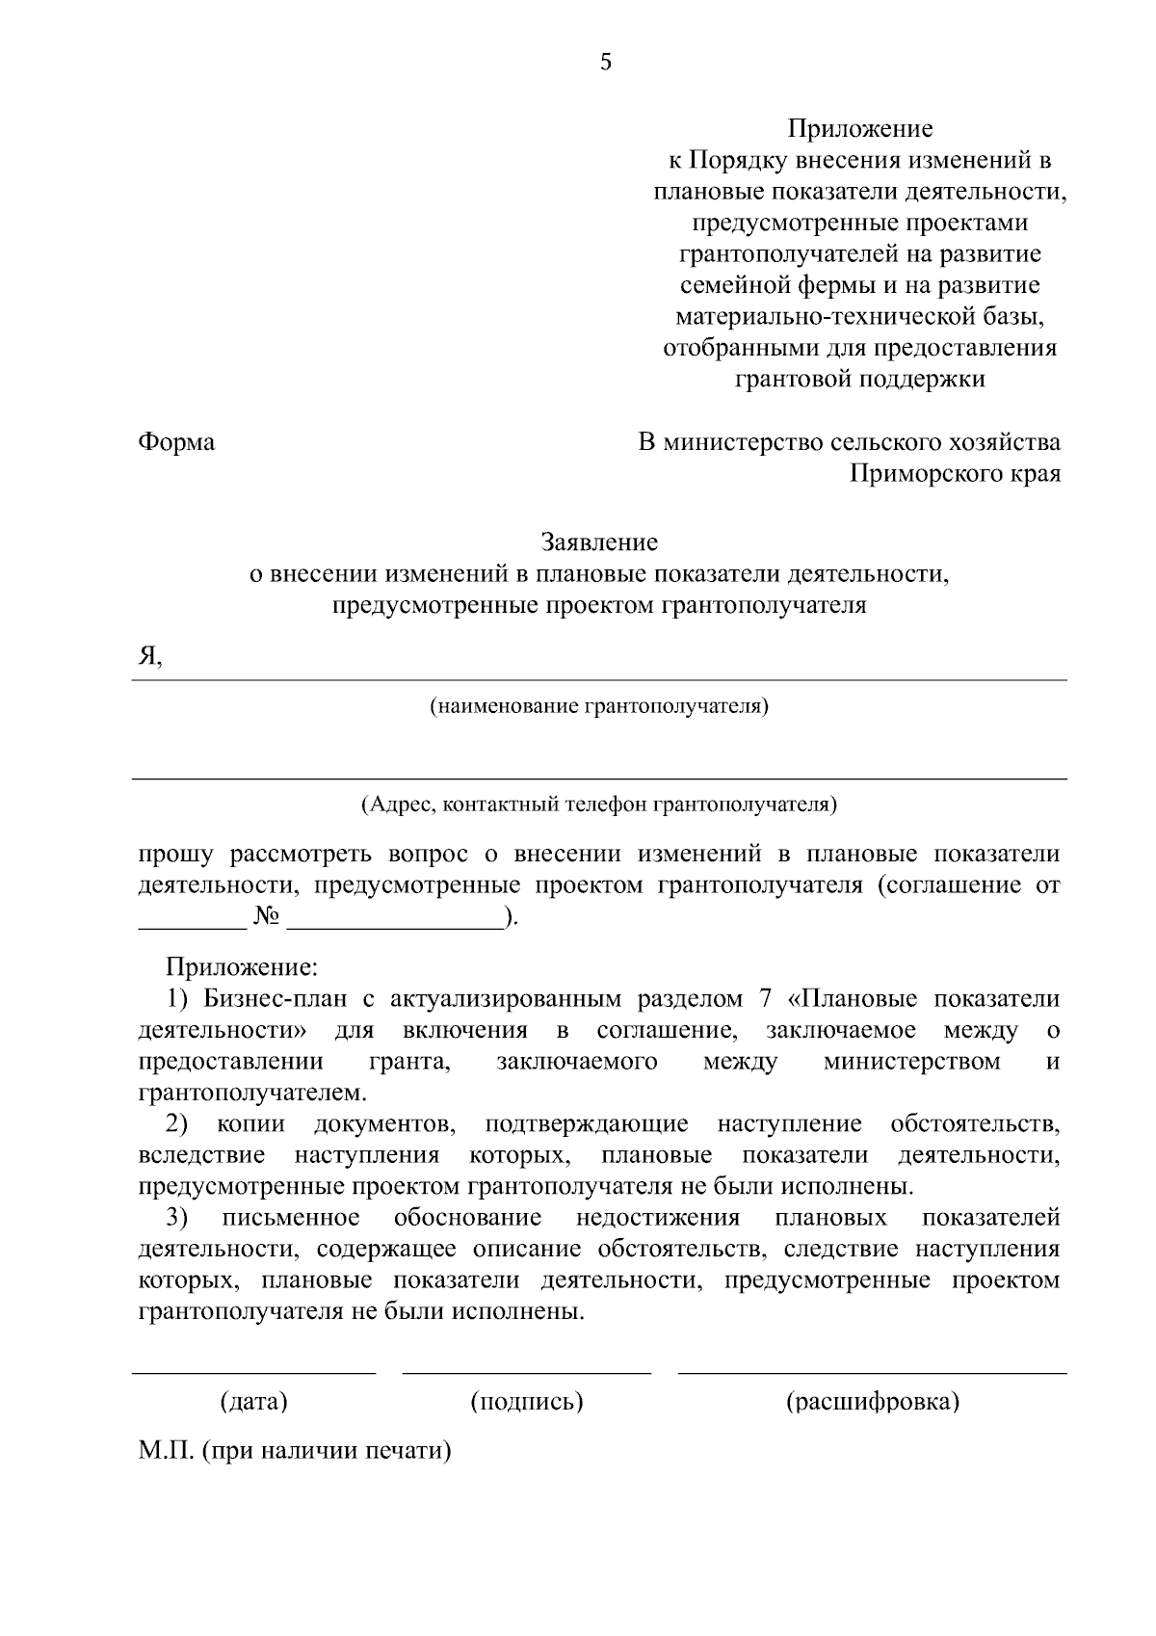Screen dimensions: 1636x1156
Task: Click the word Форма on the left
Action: pyautogui.click(x=176, y=442)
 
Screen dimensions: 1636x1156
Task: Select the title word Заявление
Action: pyautogui.click(x=599, y=542)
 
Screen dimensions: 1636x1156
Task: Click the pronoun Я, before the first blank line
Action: pyautogui.click(x=149, y=656)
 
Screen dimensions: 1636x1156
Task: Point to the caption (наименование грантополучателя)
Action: pyautogui.click(x=599, y=707)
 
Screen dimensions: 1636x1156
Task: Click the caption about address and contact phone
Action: pyautogui.click(x=599, y=804)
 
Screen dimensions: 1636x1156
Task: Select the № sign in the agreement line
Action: pyautogui.click(x=267, y=917)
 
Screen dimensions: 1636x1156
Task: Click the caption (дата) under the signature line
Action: pyautogui.click(x=254, y=1401)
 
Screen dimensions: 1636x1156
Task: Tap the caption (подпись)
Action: pyautogui.click(x=527, y=1401)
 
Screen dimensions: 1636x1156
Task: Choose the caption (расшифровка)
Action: pyautogui.click(x=873, y=1401)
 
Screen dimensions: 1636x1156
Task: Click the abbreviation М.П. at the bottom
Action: pyautogui.click(x=167, y=1451)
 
